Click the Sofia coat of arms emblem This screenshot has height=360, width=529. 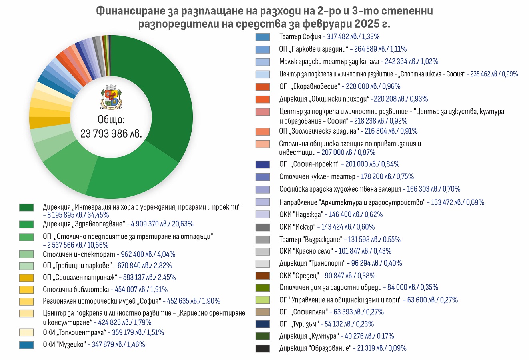click(x=111, y=97)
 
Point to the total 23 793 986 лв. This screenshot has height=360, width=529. click(x=111, y=134)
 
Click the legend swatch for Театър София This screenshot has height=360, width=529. click(x=263, y=37)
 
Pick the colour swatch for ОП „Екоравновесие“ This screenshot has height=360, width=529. click(x=263, y=87)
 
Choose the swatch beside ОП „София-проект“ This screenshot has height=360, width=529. click(x=263, y=164)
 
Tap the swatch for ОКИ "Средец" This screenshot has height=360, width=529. click(x=263, y=276)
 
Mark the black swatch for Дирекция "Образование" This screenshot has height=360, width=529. click(x=263, y=348)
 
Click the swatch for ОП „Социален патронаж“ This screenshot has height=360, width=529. click(x=26, y=278)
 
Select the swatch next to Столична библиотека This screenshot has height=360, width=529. click(x=26, y=290)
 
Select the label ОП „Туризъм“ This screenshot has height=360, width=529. click(x=299, y=324)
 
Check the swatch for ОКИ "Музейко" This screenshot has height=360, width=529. click(x=26, y=345)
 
